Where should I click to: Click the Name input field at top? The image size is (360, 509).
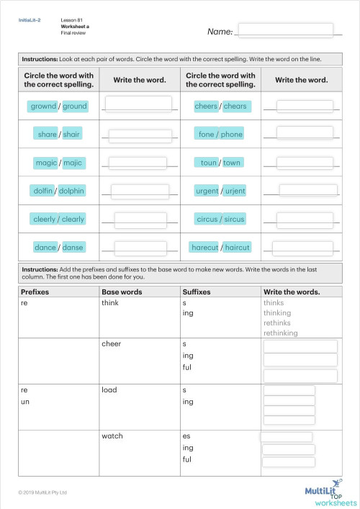[x=284, y=30]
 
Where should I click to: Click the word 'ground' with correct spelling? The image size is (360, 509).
[x=75, y=107]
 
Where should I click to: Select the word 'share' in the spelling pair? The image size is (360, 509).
[x=48, y=134]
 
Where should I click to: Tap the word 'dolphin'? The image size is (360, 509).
[x=72, y=191]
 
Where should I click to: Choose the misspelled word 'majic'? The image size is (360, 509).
[x=73, y=163]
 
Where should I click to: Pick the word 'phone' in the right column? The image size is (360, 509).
[x=232, y=135]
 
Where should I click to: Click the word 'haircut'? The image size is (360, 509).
[x=238, y=247]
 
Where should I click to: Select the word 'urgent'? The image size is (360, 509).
[x=207, y=191]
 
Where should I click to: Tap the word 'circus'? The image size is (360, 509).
[x=207, y=219]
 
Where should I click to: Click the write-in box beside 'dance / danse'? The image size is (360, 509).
[x=139, y=247]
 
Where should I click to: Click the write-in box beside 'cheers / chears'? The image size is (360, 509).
[x=305, y=107]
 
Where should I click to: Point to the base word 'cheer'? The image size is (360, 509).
[x=112, y=343]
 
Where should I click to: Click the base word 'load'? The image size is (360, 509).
[x=109, y=389]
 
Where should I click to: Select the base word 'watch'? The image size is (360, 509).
[x=112, y=436]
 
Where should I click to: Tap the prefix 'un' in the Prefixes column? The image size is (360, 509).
[x=24, y=401]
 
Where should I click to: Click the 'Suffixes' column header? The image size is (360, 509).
[x=199, y=292]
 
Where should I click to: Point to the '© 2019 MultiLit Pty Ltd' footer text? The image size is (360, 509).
[x=42, y=492]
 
